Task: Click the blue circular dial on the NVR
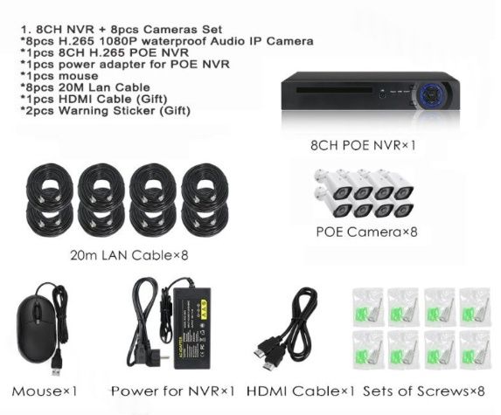point(432,94)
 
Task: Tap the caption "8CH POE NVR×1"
point(363,146)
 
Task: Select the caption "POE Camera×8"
point(367,232)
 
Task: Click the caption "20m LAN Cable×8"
point(129,255)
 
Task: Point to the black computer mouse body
point(36,329)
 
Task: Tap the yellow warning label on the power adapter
point(203,308)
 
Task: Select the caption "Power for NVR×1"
point(173,391)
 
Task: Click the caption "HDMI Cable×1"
point(301,391)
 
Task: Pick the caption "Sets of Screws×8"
point(424,391)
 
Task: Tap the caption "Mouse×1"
point(45,391)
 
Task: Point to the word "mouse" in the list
point(79,76)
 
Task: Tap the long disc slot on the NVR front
point(334,90)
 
